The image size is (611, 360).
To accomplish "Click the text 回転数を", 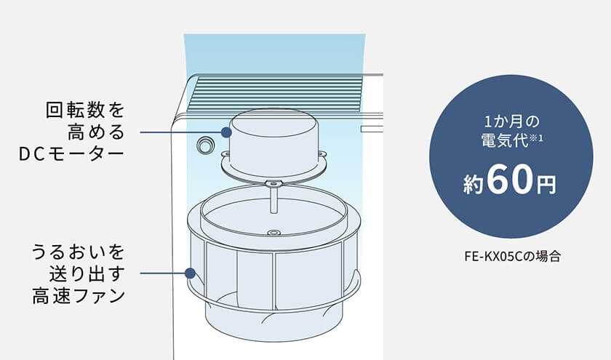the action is (85, 111).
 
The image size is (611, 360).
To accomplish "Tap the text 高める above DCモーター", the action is (96, 132).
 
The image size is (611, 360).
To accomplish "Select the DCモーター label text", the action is (71, 154).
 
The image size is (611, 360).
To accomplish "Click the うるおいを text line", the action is (78, 252).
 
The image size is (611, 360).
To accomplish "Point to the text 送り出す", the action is (87, 273).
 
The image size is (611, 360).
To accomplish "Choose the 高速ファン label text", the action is (79, 296).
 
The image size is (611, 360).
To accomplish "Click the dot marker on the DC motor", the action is (226, 132).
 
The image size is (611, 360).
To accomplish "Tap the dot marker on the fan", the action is (190, 273).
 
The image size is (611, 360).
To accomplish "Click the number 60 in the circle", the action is (509, 180).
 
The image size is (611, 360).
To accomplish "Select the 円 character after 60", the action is (546, 185).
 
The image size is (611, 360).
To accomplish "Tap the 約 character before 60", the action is (474, 184).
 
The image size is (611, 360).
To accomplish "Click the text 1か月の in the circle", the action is (511, 122).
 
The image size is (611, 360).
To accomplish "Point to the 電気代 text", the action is (504, 140).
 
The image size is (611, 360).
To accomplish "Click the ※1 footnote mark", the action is (535, 137).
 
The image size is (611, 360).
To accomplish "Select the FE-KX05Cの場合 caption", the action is (512, 257).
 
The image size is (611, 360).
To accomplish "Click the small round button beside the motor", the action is (204, 145).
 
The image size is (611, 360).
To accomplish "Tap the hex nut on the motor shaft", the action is (273, 183).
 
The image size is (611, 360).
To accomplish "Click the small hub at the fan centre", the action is (273, 233).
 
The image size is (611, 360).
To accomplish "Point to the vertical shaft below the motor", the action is (273, 199).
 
